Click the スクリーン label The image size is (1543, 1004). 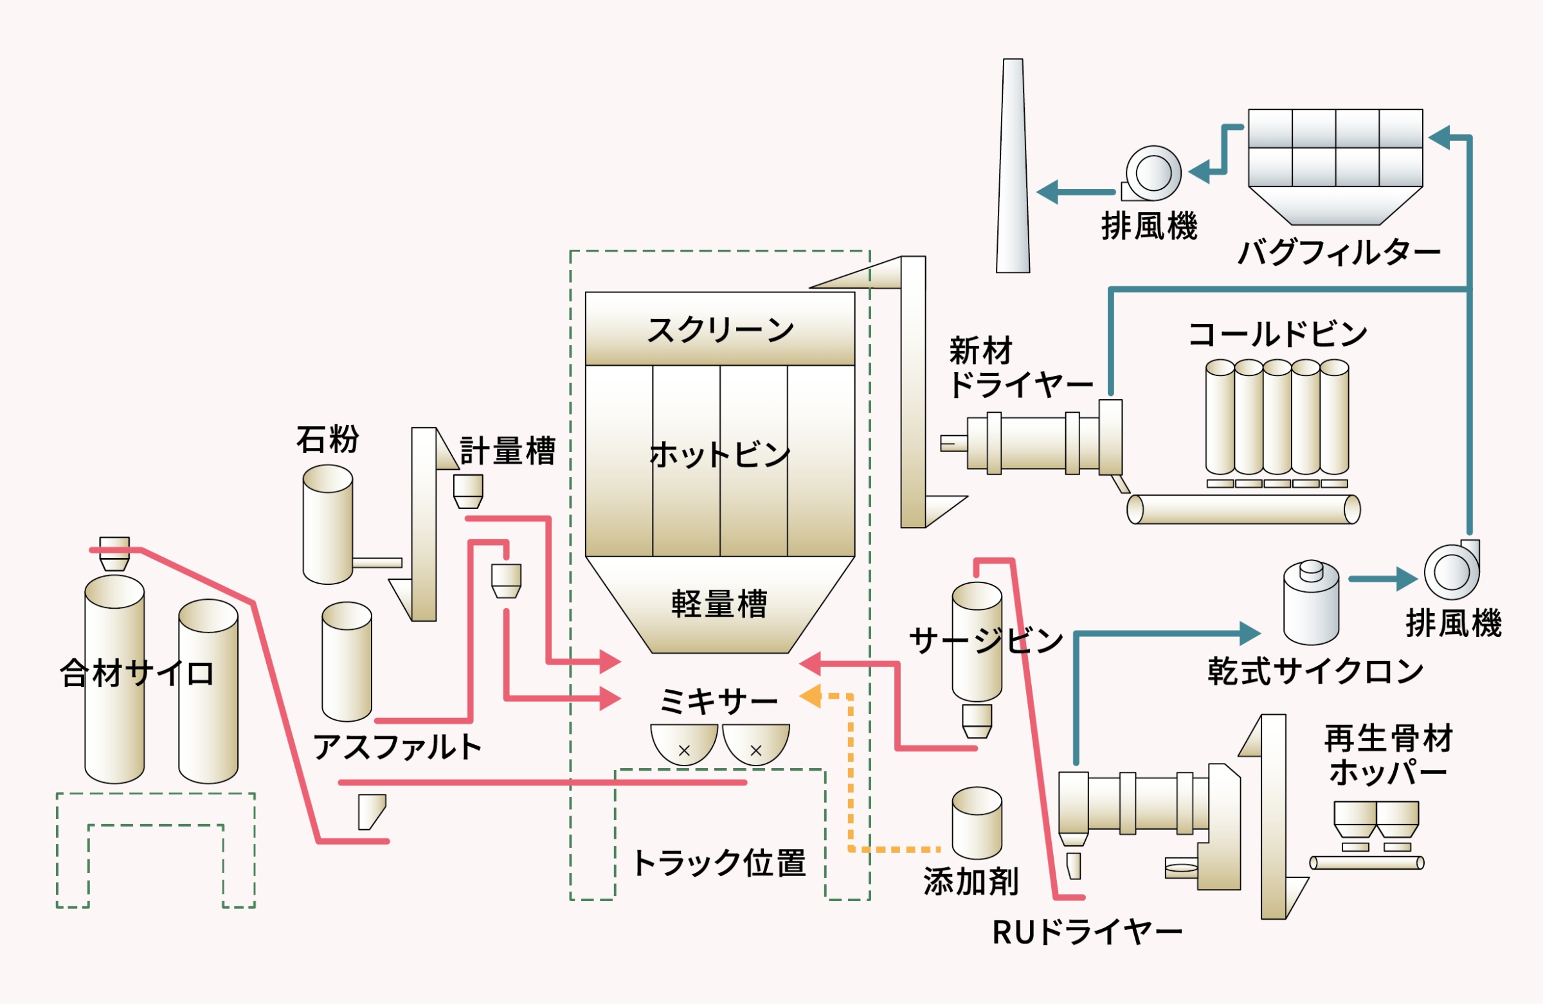720,330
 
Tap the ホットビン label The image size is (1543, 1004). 720,454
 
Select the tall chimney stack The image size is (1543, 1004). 1013,166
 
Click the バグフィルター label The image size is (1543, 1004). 1339,252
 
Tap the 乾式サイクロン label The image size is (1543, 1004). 1315,671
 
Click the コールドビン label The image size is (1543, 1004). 1278,334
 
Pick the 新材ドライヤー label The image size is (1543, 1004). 1020,368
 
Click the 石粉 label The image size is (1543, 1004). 327,440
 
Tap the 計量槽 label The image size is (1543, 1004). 508,451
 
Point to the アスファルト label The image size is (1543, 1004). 397,747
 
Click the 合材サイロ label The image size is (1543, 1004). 137,673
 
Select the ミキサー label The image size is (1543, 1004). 718,701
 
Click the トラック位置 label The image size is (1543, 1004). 719,863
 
